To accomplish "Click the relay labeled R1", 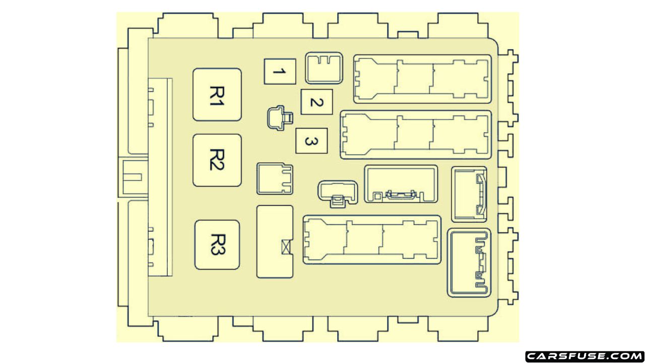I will [x=217, y=95].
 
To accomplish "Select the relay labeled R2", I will [x=217, y=160].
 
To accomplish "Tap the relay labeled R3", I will [x=217, y=245].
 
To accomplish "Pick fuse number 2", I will [x=316, y=102].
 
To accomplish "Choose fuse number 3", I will [x=311, y=142].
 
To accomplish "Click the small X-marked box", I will [x=286, y=248].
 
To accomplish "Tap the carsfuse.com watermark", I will [x=584, y=356].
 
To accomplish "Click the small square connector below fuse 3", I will [x=275, y=178].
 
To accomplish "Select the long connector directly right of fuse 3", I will [x=416, y=135].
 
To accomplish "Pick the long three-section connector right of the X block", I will [x=372, y=239].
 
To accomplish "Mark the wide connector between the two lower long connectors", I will [x=401, y=185].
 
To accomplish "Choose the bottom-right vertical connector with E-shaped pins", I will [x=469, y=262].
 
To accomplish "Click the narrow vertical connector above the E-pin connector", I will [x=469, y=194].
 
